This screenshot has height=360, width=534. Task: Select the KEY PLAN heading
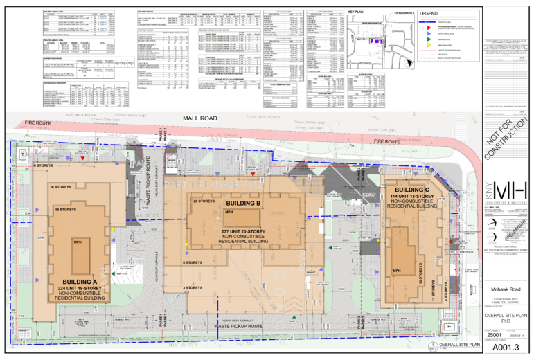pyautogui.click(x=357, y=12)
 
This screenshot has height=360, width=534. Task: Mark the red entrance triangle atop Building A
pyautogui.click(x=83, y=159)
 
